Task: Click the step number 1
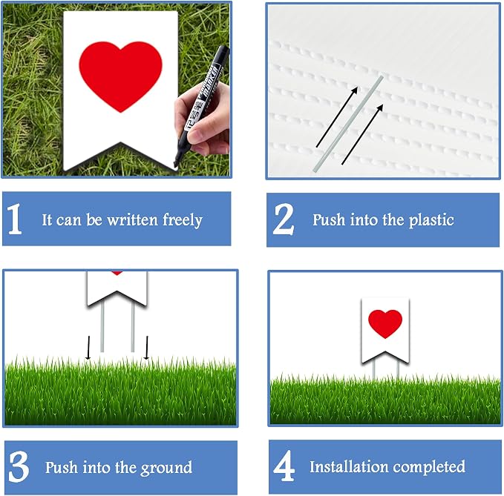click(15, 219)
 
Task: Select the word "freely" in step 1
click(183, 220)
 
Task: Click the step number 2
click(284, 219)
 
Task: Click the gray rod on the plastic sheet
click(348, 124)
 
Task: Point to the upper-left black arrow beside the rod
click(337, 117)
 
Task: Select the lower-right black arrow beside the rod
click(362, 134)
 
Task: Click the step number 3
click(19, 466)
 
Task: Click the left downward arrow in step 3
click(88, 348)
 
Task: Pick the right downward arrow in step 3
click(146, 348)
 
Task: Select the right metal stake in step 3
click(132, 327)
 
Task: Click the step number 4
click(284, 466)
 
